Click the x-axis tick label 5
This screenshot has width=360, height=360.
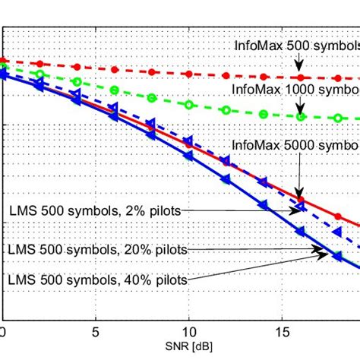tap(95, 332)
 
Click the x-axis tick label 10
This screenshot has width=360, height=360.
tap(188, 332)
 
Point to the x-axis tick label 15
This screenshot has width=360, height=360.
tap(282, 332)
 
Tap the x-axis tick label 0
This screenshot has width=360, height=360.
tap(2, 332)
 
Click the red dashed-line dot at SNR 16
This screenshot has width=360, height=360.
tap(301, 77)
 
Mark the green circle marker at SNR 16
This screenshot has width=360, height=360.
tap(301, 116)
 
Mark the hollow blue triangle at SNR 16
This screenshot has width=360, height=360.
tap(301, 205)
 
